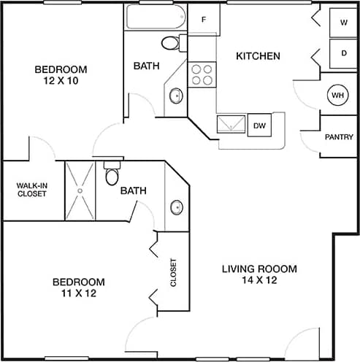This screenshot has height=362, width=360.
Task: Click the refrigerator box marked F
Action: (x=204, y=20)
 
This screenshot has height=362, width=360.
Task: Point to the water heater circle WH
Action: (x=337, y=96)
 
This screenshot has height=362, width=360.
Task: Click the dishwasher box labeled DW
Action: (x=258, y=126)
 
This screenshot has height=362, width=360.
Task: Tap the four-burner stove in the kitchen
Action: (x=202, y=75)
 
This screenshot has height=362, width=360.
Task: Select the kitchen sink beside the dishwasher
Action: (x=231, y=124)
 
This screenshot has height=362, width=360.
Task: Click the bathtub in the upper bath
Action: (x=156, y=18)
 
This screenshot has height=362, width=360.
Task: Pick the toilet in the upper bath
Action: (x=171, y=43)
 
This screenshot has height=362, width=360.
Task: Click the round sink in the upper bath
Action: (x=176, y=95)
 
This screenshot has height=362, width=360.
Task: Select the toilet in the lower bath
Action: (x=112, y=175)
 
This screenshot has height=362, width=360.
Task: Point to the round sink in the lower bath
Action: (x=177, y=207)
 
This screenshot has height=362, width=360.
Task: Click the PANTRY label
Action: (x=339, y=136)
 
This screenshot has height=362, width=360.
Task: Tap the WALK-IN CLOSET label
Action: (x=31, y=190)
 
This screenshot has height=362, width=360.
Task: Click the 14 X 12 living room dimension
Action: (x=259, y=280)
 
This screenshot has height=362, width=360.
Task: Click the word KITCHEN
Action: (x=258, y=56)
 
